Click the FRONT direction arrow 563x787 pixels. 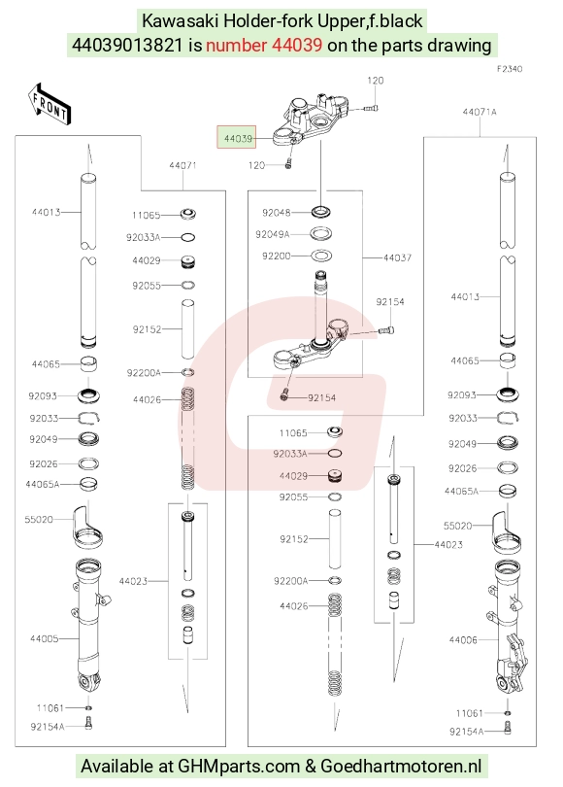pyautogui.click(x=49, y=104)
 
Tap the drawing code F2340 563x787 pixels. pyautogui.click(x=510, y=69)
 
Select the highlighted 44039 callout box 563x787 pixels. pyautogui.click(x=236, y=137)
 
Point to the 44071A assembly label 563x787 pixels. pyautogui.click(x=480, y=112)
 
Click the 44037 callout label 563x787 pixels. pyautogui.click(x=397, y=257)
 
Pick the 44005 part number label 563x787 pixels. pyautogui.click(x=44, y=638)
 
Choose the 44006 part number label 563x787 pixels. pyautogui.click(x=463, y=639)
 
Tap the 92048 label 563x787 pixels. pyautogui.click(x=277, y=213)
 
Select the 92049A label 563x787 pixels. pyautogui.click(x=272, y=234)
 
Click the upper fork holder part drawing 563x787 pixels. pyautogui.click(x=312, y=120)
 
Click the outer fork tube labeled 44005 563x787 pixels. pyautogui.click(x=89, y=628)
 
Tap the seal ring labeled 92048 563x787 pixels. pyautogui.click(x=322, y=212)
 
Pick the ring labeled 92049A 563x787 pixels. pyautogui.click(x=322, y=233)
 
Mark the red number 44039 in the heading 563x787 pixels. pyautogui.click(x=264, y=45)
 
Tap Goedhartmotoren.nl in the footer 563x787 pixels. pyautogui.click(x=401, y=767)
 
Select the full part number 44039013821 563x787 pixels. pyautogui.click(x=127, y=45)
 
